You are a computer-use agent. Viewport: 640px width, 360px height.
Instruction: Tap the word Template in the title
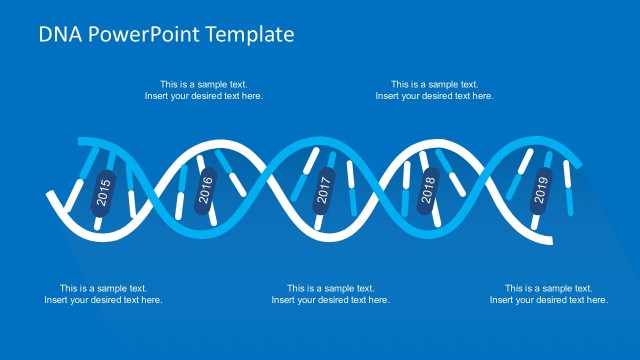click(x=253, y=35)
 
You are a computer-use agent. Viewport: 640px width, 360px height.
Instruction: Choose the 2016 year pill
click(x=207, y=190)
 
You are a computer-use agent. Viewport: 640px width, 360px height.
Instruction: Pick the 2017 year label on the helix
click(x=323, y=190)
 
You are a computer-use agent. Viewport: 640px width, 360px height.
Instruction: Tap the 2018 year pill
click(x=428, y=190)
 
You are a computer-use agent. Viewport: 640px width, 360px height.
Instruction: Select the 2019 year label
click(x=541, y=190)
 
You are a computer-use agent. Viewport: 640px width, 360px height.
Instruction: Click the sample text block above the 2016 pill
click(x=204, y=90)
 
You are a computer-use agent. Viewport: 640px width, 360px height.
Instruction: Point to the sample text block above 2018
click(x=434, y=90)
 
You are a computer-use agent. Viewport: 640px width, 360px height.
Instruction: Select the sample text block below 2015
click(x=103, y=294)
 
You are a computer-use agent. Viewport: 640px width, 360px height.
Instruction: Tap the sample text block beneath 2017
click(x=330, y=294)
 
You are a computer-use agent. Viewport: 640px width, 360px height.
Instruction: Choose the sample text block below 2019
click(x=548, y=294)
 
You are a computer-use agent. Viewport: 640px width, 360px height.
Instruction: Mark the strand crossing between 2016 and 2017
click(x=264, y=190)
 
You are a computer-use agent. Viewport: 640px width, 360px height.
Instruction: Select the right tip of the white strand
click(x=549, y=240)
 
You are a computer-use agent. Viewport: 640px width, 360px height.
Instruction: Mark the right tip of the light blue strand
click(x=581, y=165)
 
